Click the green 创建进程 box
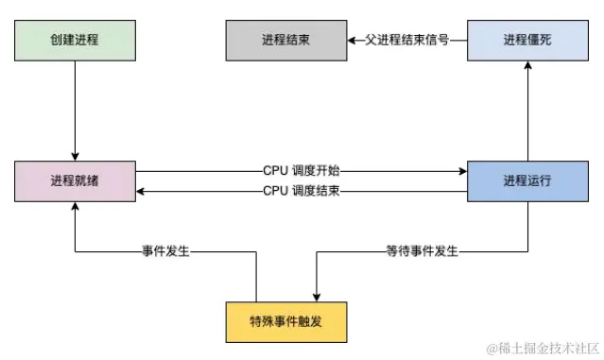74,41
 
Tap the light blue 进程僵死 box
527,41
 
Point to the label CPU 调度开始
302,171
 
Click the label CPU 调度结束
302,191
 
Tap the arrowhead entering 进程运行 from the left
462,171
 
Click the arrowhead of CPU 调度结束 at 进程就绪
141,191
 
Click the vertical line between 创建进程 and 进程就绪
74,109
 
